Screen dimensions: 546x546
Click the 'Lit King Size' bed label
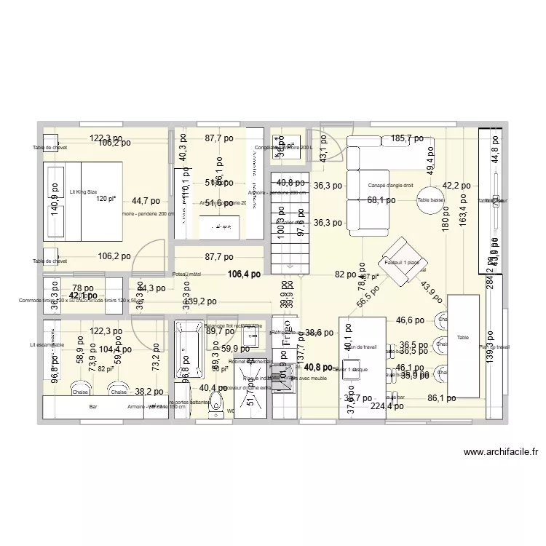[x=82, y=191]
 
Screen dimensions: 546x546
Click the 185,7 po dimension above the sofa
[x=406, y=138]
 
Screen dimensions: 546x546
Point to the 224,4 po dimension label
[x=387, y=407]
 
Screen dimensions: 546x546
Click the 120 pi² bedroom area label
[x=106, y=198]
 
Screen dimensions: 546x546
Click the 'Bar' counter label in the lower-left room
[x=92, y=408]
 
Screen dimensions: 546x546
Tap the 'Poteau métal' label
[x=187, y=274]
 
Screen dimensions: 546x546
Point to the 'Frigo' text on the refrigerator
[x=286, y=324]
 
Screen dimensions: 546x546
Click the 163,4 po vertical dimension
[x=462, y=208]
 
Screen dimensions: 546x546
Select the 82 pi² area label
[x=106, y=369]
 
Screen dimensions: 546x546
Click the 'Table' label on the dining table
[x=464, y=338]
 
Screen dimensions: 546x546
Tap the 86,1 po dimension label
[x=441, y=398]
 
